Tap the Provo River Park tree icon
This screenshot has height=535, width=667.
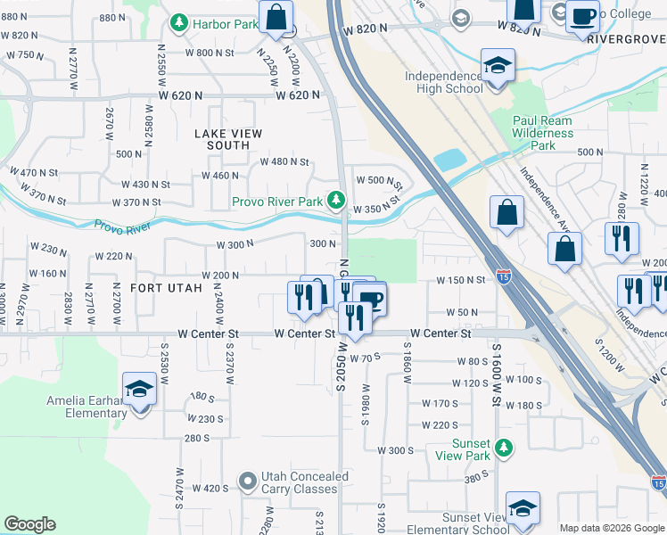click(x=336, y=201)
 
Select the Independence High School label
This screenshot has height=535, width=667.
click(x=444, y=82)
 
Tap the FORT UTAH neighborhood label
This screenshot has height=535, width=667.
click(x=166, y=288)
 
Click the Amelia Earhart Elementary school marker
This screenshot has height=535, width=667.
click(x=139, y=389)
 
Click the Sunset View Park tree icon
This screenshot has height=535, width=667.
click(x=504, y=448)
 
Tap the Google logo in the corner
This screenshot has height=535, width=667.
click(x=29, y=524)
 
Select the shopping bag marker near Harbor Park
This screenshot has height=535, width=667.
click(x=276, y=16)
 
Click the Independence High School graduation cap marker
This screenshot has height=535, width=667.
click(x=497, y=65)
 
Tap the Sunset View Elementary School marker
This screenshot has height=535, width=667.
click(x=523, y=508)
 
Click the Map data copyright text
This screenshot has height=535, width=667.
click(x=611, y=528)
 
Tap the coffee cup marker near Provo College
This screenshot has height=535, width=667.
click(x=582, y=15)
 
